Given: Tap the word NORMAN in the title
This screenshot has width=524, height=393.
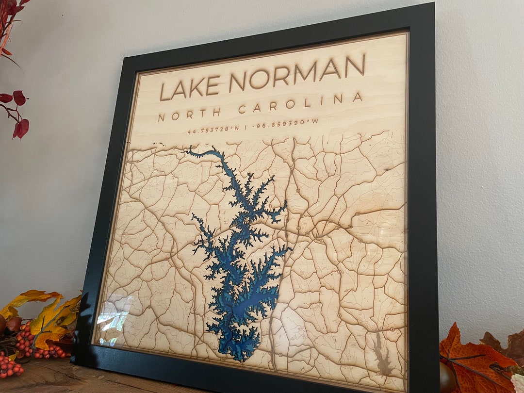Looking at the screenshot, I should pos(297,71).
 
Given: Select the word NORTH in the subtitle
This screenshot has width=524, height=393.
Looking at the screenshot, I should pos(190,114).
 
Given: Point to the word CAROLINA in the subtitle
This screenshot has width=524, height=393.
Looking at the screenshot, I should pos(300,102).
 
